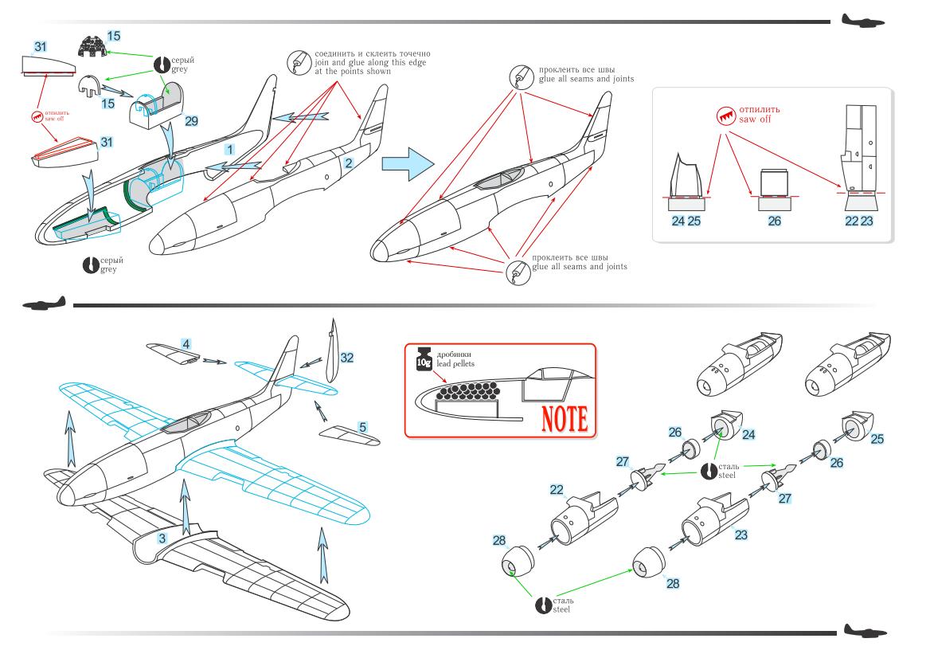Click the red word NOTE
(x=556, y=417)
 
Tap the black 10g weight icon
(x=423, y=359)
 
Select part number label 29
(x=191, y=120)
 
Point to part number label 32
(x=346, y=358)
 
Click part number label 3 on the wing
(x=162, y=539)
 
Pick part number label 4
(x=186, y=344)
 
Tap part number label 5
(x=362, y=428)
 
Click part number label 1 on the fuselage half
(x=229, y=149)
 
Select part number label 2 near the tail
(x=348, y=163)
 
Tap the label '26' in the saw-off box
(x=775, y=221)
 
